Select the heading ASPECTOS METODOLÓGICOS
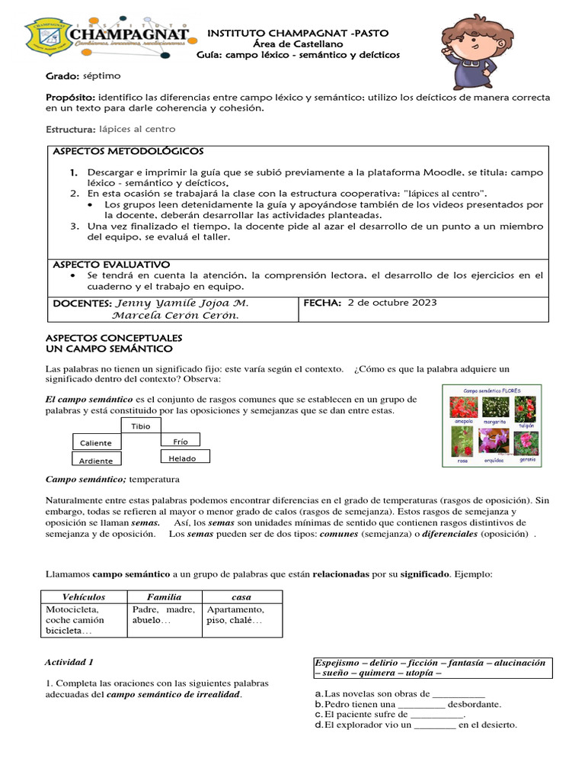tap(127, 152)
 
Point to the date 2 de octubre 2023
tap(392, 303)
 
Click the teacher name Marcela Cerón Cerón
tap(170, 316)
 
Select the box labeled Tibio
tap(141, 426)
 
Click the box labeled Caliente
tap(96, 443)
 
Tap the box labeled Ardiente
tap(96, 461)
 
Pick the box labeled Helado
tap(183, 458)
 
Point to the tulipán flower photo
tap(526, 410)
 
